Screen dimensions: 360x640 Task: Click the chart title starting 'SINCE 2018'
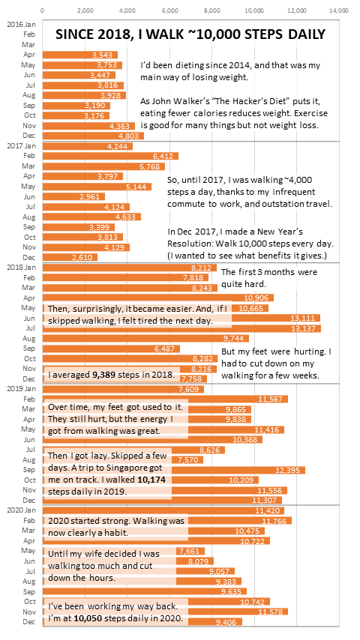(x=190, y=34)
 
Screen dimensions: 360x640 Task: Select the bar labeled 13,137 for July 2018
(x=181, y=328)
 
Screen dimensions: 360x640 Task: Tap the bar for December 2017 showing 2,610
(x=70, y=257)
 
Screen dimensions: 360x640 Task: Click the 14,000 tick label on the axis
(x=339, y=10)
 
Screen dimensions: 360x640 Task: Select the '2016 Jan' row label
(x=21, y=25)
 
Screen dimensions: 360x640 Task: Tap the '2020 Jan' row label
(x=21, y=510)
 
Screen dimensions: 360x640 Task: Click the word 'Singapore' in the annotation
(x=130, y=467)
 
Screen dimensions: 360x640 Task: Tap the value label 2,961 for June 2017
(x=94, y=196)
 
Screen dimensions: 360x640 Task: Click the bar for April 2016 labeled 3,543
(x=80, y=55)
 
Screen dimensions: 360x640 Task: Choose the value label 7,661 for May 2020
(x=189, y=551)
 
